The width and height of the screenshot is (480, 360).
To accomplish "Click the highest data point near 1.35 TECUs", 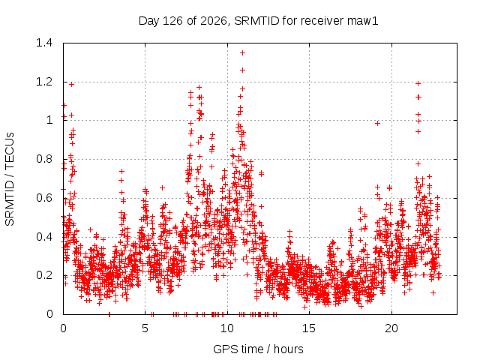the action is tap(242, 53).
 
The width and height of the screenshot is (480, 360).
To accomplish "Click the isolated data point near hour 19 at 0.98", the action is tap(377, 123).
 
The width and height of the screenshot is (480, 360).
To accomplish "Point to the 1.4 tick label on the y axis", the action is tap(44, 43).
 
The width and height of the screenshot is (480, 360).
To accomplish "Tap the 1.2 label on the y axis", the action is tap(44, 82).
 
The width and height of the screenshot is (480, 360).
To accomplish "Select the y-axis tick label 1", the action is tap(49, 120).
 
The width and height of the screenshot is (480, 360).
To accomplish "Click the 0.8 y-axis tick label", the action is tap(44, 159).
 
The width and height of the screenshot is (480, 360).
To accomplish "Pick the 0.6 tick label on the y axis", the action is tap(44, 198).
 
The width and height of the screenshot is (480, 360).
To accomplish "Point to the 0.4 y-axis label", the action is tap(44, 237).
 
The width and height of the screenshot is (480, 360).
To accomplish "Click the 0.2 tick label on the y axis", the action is tap(44, 275).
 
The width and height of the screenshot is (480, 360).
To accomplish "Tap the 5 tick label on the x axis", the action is tap(145, 328).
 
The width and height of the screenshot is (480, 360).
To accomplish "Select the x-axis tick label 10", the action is tap(227, 328).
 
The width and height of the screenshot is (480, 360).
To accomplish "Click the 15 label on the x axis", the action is tap(309, 328).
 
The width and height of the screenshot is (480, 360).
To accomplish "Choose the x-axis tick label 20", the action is tap(391, 328).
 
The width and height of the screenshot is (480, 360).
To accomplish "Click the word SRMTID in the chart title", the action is tap(256, 21).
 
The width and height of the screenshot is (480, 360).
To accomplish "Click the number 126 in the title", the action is tap(172, 21).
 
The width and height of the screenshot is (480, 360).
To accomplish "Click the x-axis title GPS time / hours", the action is tap(258, 349).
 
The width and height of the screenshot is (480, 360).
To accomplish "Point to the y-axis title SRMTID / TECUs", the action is tap(10, 179).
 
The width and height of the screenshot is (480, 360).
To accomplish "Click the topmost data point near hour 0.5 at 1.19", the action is tap(72, 84).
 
